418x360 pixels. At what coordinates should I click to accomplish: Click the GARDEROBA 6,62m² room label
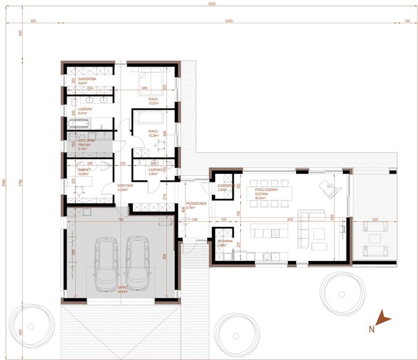coord(79,80)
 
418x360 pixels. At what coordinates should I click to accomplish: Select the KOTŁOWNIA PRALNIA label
coord(79,144)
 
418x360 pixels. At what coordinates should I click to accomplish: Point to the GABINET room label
coord(77,171)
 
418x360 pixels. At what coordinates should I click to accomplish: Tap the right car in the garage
coord(138,262)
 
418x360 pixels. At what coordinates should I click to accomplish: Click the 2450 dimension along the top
coord(225,21)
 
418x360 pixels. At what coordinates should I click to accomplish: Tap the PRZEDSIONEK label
coord(196,205)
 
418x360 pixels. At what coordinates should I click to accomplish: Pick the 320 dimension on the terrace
coord(375,220)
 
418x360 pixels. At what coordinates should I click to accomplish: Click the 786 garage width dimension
coord(121,220)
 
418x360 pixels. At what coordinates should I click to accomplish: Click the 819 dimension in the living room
coord(290,220)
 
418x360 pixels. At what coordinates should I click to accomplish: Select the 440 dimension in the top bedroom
coord(145,88)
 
